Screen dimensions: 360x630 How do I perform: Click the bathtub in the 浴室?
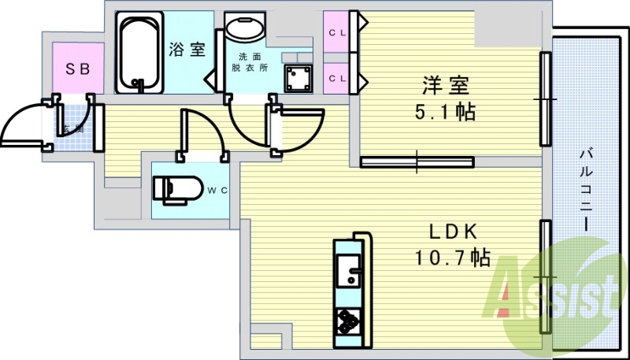(139, 51)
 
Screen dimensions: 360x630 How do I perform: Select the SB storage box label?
(77, 69)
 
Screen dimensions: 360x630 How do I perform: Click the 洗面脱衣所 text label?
(250, 62)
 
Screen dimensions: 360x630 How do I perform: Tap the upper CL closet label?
(337, 32)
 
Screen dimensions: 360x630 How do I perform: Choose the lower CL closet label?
(337, 78)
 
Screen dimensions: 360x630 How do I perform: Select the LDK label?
(454, 232)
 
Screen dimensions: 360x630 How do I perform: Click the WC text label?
(217, 190)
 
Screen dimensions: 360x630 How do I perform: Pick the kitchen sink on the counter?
(347, 275)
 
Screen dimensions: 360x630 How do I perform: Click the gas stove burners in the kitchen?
(347, 320)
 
